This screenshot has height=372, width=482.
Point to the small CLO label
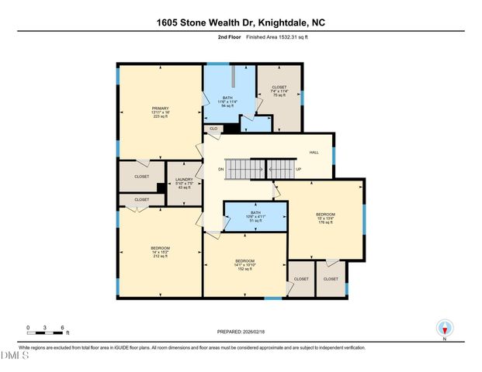click(x=213, y=128)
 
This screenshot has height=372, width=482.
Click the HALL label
click(x=314, y=153)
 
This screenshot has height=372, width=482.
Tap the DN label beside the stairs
click(x=220, y=169)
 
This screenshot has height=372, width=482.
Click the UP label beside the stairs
click(x=298, y=169)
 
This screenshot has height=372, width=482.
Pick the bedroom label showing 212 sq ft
click(x=159, y=251)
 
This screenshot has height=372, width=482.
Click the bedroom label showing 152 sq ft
click(x=244, y=264)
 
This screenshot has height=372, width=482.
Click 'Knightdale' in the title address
click(x=283, y=23)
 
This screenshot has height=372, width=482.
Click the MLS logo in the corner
click(x=15, y=356)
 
